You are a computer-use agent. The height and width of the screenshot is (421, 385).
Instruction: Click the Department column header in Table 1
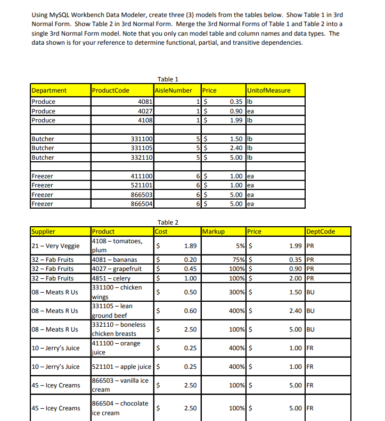pos(50,90)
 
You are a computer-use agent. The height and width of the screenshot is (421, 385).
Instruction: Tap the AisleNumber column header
pos(173,90)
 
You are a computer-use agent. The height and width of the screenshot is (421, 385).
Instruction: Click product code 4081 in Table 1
pos(145,102)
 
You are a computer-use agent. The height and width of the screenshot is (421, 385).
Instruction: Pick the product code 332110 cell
pos(142,158)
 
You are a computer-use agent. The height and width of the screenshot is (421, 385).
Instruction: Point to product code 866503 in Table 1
pos(142,195)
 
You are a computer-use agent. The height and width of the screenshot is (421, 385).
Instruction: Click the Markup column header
pos(214,232)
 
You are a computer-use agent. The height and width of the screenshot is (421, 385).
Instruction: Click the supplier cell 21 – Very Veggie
pos(55,246)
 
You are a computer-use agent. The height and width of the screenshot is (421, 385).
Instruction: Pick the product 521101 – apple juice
pos(122,367)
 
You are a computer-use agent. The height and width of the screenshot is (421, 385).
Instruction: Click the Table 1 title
pos(168,79)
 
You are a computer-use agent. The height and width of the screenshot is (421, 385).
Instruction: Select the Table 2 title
pos(168,222)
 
